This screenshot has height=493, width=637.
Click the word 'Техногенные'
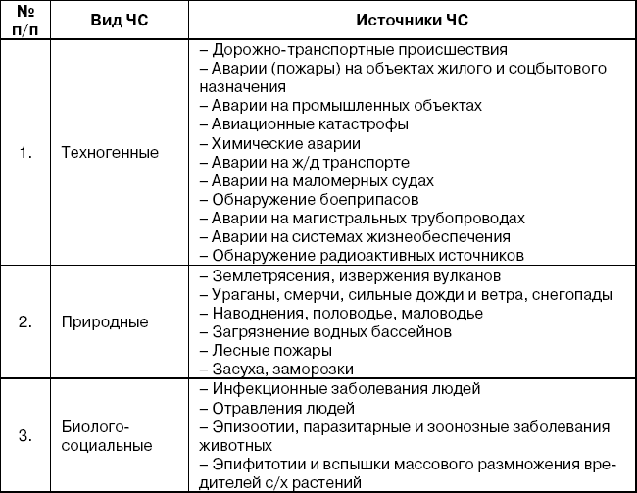pos(109,152)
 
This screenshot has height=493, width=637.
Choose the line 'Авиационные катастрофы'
pos(305,124)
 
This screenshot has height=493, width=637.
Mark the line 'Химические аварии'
pos(283,143)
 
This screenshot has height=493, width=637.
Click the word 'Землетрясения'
pos(263,275)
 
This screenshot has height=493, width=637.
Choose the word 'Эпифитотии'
pos(254,465)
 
